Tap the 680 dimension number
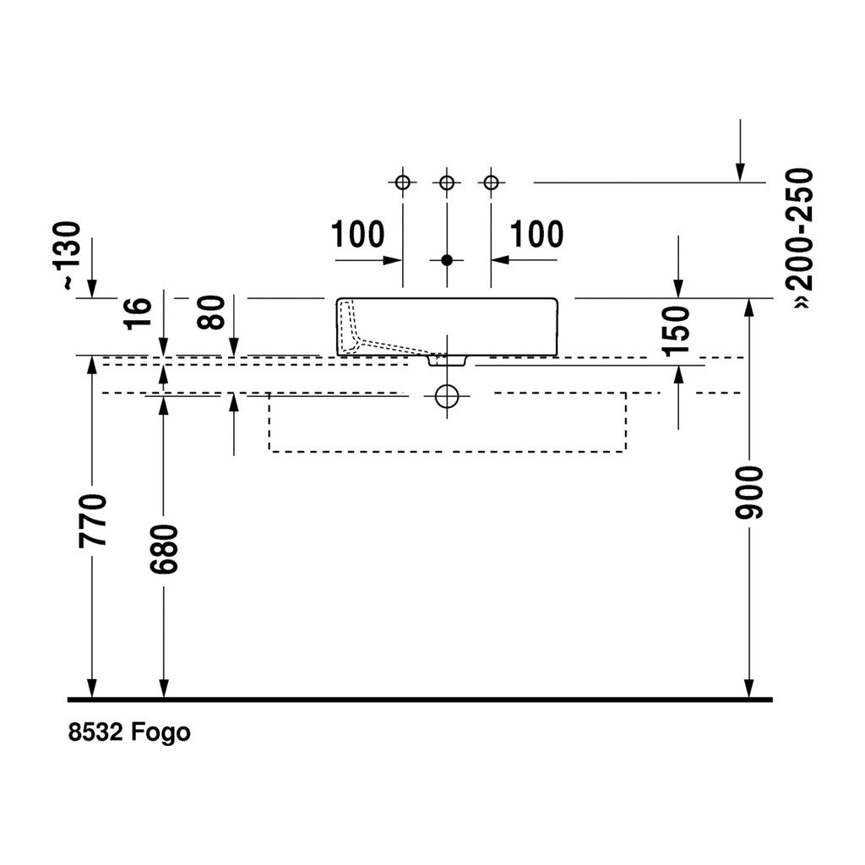pos(165,549)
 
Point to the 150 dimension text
pos(677,329)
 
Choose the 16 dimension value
pos(140,313)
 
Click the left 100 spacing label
pos(356,234)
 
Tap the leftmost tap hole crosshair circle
pos(403,182)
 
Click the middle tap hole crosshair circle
pos(447,182)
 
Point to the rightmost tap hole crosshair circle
pos(491,182)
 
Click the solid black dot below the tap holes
pos(447,260)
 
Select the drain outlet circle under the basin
pos(447,395)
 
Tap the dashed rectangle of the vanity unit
pos(447,449)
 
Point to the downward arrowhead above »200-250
pos(740,172)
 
